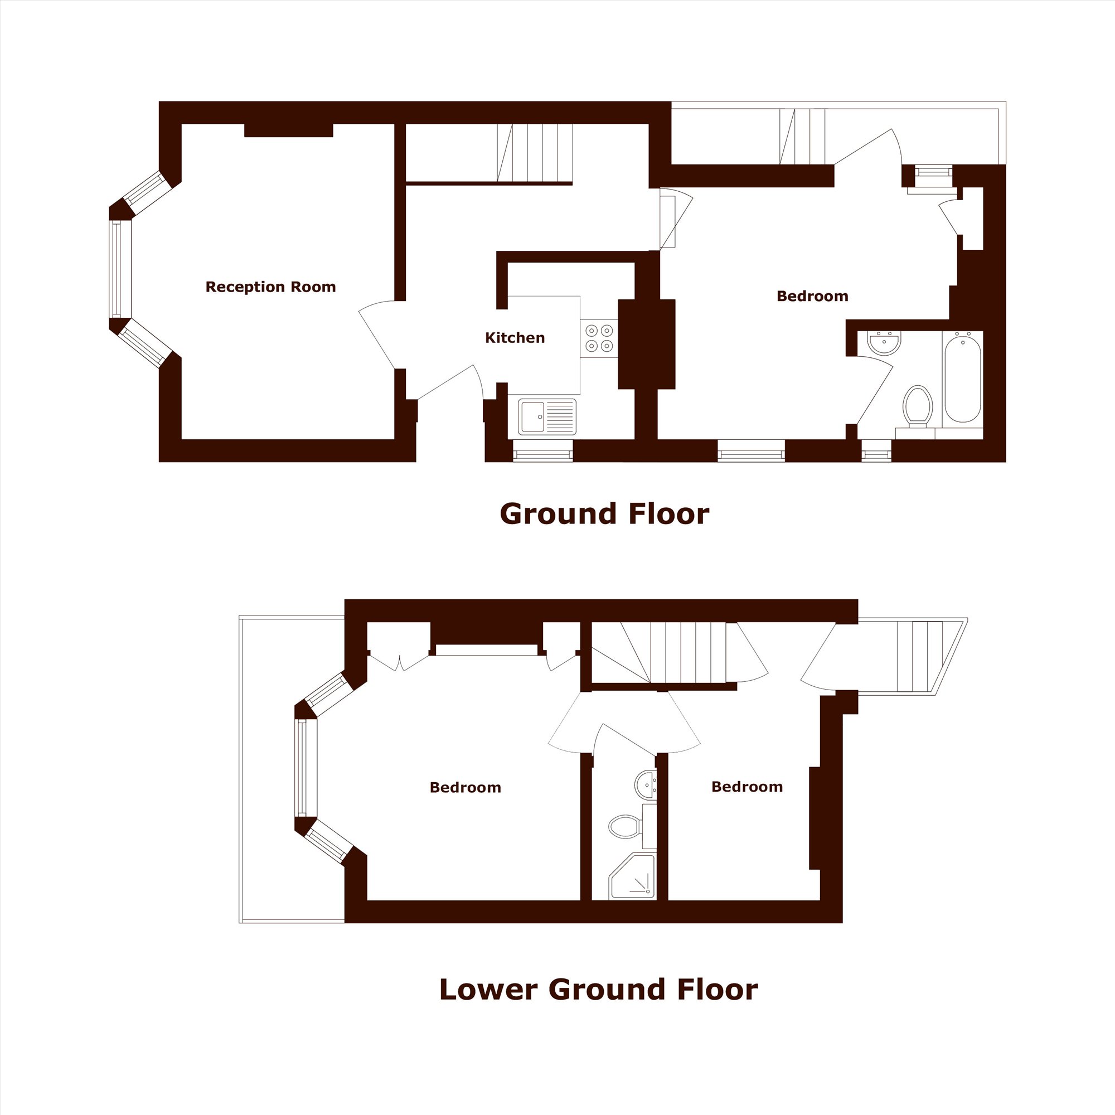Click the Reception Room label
point(271,287)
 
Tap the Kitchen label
point(515,338)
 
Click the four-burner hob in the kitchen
point(598,338)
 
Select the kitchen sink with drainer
point(547,416)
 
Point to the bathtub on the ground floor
point(963,377)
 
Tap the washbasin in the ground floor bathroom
point(884,343)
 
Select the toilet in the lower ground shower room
point(625,826)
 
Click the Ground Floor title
point(604,513)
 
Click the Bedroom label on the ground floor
point(812,296)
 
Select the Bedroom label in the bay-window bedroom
point(465,788)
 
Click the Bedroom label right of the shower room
point(747,787)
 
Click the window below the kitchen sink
point(542,450)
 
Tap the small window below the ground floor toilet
point(876,450)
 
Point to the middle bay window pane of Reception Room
point(120,269)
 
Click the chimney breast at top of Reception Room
point(289,130)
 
